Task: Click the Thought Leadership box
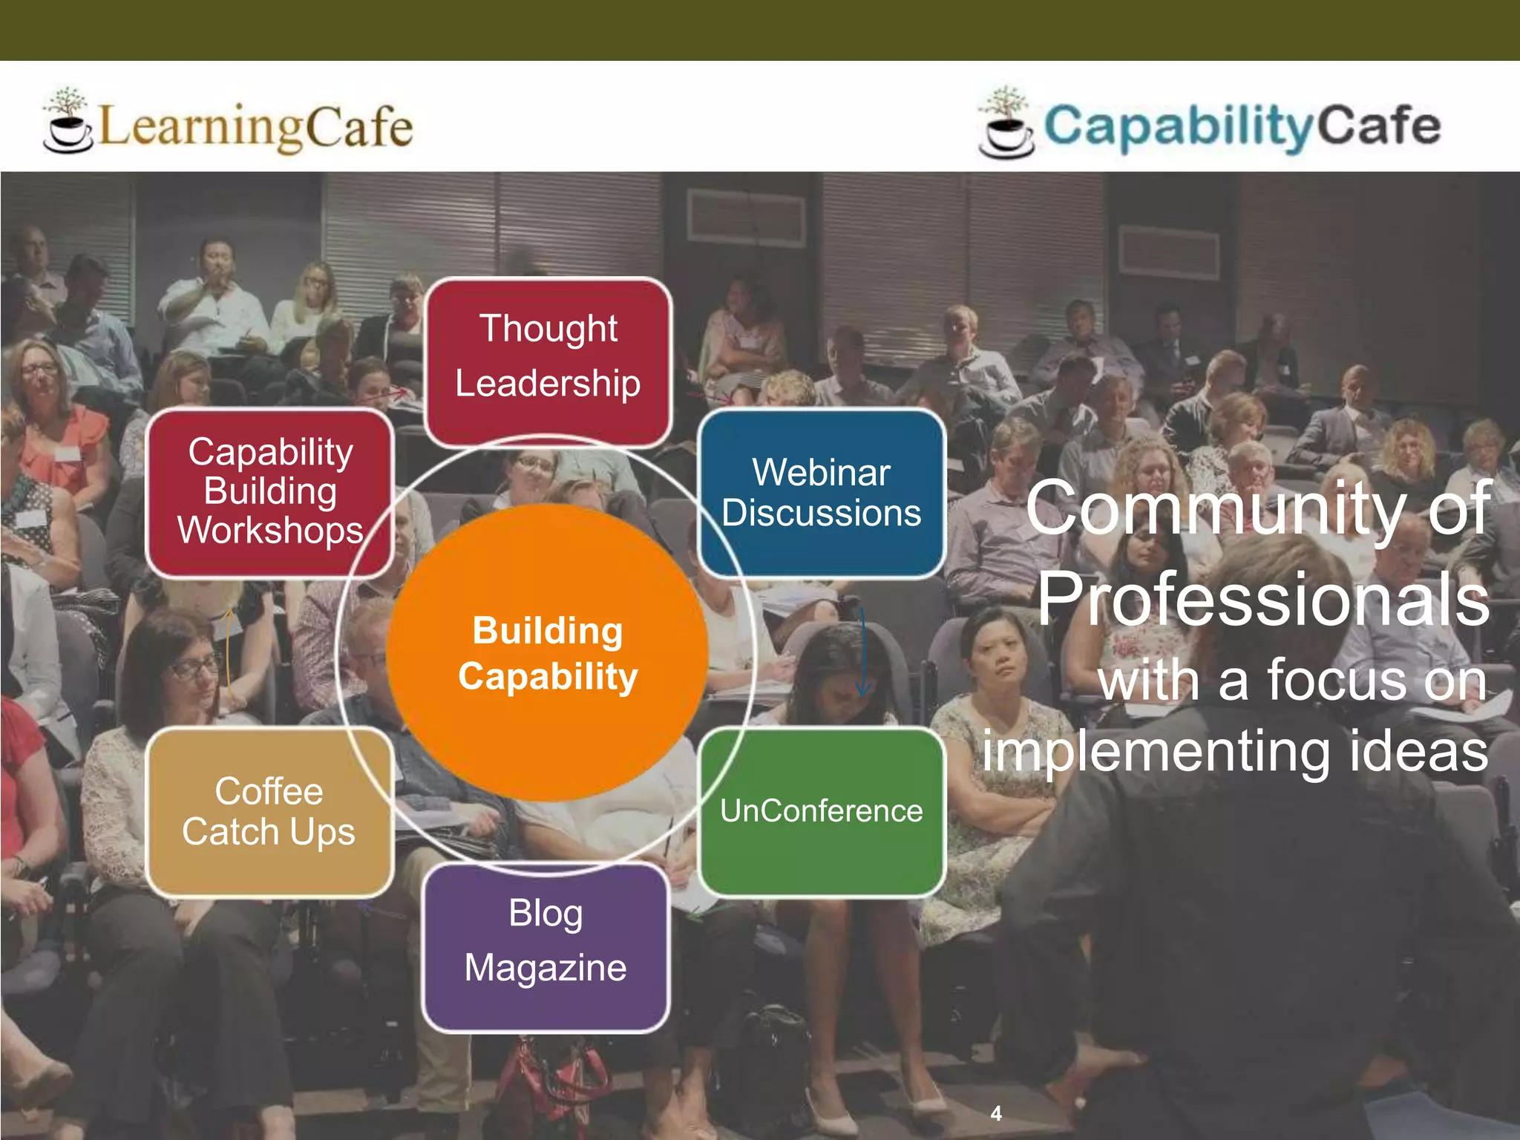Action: click(x=548, y=362)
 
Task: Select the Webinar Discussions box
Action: click(x=822, y=493)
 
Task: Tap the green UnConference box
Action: click(x=822, y=811)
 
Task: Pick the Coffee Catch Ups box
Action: click(x=269, y=811)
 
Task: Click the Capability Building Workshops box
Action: click(x=269, y=491)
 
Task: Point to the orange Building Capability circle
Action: click(x=548, y=653)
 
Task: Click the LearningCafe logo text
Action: click(x=255, y=127)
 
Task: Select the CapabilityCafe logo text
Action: click(x=1242, y=126)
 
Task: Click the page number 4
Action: click(x=996, y=1113)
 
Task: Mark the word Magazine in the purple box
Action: click(x=546, y=968)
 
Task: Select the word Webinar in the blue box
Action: click(x=821, y=473)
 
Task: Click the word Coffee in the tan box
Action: click(x=269, y=791)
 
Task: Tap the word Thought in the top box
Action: click(x=548, y=329)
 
